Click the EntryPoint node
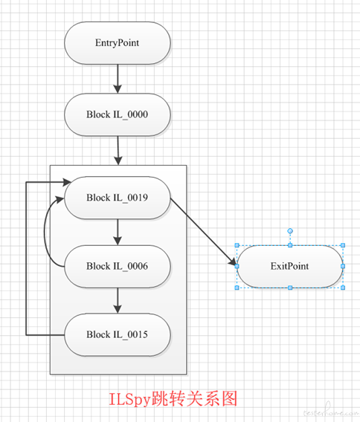coord(118,43)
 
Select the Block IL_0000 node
coord(118,114)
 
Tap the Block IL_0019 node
coord(118,198)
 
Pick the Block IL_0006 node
coord(118,266)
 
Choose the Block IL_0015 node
coord(118,335)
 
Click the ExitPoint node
coord(290,266)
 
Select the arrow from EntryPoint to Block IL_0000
coord(118,79)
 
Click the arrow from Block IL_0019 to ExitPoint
coord(204,233)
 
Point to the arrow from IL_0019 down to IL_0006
coord(118,232)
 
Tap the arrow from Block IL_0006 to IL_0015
coord(118,301)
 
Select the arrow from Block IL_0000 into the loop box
coord(118,150)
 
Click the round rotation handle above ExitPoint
coord(290,231)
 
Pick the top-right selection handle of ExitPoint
coord(343,245)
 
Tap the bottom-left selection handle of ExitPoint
coord(237,288)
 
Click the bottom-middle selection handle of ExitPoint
coord(290,288)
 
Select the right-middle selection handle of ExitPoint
coord(343,266)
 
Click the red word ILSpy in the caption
coord(129,400)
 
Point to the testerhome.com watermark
coord(331,412)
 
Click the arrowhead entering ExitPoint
coord(233,262)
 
